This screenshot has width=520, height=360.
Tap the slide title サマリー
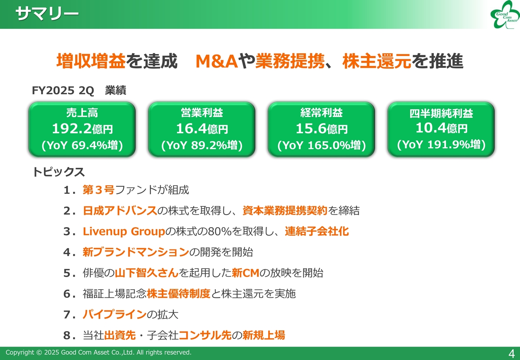47,13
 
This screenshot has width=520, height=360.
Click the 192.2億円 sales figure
82,128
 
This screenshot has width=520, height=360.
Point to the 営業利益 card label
202,113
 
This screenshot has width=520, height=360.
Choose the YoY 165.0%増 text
321,145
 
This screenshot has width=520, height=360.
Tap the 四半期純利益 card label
441,113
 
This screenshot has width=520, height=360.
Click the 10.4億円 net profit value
441,128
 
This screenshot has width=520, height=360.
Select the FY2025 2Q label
63,90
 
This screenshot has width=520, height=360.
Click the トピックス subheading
58,172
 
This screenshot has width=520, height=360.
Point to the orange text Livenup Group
124,232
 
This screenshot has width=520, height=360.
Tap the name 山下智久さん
147,273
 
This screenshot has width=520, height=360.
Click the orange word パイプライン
115,314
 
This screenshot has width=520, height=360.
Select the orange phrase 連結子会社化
317,231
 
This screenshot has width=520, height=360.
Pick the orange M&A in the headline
217,61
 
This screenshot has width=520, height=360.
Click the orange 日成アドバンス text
120,210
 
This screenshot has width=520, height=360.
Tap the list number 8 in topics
67,335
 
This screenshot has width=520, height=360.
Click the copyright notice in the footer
98,352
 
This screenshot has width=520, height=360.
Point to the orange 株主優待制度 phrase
178,294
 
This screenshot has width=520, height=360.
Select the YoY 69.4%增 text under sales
82,145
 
